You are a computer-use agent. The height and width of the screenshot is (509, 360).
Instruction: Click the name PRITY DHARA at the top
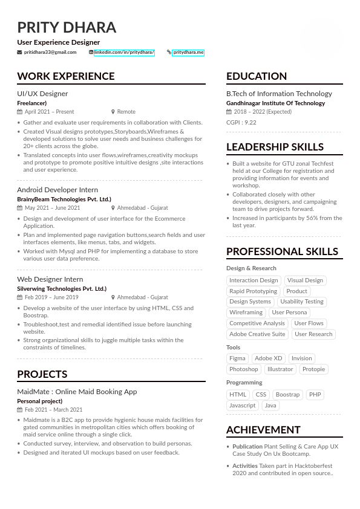(x=67, y=28)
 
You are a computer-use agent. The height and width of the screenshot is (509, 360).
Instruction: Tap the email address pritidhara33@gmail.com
(x=50, y=53)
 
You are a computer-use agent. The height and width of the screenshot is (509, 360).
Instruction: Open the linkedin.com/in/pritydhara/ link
(x=124, y=53)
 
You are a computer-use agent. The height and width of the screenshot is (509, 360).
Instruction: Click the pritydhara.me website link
(x=188, y=53)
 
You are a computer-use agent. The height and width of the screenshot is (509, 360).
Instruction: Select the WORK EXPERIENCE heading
(x=65, y=76)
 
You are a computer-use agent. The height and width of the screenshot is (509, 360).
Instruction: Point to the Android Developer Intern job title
(x=57, y=190)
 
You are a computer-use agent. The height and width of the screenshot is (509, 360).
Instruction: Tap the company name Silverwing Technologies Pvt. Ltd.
(x=62, y=289)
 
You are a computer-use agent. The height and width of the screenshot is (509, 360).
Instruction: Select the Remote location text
(x=126, y=112)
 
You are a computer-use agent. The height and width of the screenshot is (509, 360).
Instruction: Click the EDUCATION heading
(x=257, y=76)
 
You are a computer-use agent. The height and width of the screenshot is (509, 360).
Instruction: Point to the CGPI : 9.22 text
(x=241, y=123)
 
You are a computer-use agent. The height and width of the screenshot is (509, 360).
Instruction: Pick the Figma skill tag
(x=237, y=358)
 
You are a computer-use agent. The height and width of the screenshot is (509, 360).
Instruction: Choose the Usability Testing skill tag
(x=301, y=302)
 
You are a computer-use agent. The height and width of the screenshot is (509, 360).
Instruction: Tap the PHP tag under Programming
(x=315, y=395)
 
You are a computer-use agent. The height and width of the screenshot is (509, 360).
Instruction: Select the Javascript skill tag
(x=242, y=406)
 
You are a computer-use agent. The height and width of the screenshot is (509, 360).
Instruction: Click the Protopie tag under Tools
(x=313, y=369)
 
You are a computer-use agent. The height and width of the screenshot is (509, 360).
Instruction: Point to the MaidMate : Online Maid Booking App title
(x=77, y=392)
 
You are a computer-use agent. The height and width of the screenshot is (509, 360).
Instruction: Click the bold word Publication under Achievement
(x=247, y=447)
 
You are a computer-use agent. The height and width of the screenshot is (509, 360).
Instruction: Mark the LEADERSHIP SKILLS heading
(x=275, y=147)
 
